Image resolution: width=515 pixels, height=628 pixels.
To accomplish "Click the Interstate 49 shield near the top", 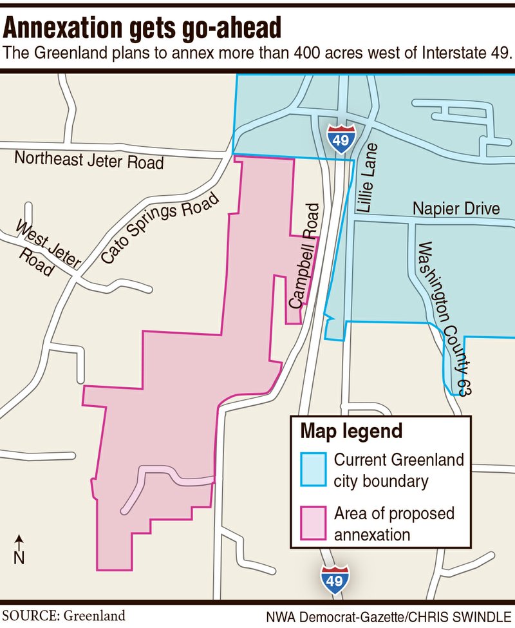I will point(339,137).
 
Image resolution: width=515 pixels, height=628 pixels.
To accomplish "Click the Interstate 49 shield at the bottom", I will point(334,579).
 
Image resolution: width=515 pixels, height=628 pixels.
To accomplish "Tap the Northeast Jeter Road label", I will point(89,160).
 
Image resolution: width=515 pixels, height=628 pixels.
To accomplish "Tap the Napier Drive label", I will point(456,209).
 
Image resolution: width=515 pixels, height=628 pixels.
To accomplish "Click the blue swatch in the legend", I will point(314,469).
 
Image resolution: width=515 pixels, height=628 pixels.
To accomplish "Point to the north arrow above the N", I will point(19,540).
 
